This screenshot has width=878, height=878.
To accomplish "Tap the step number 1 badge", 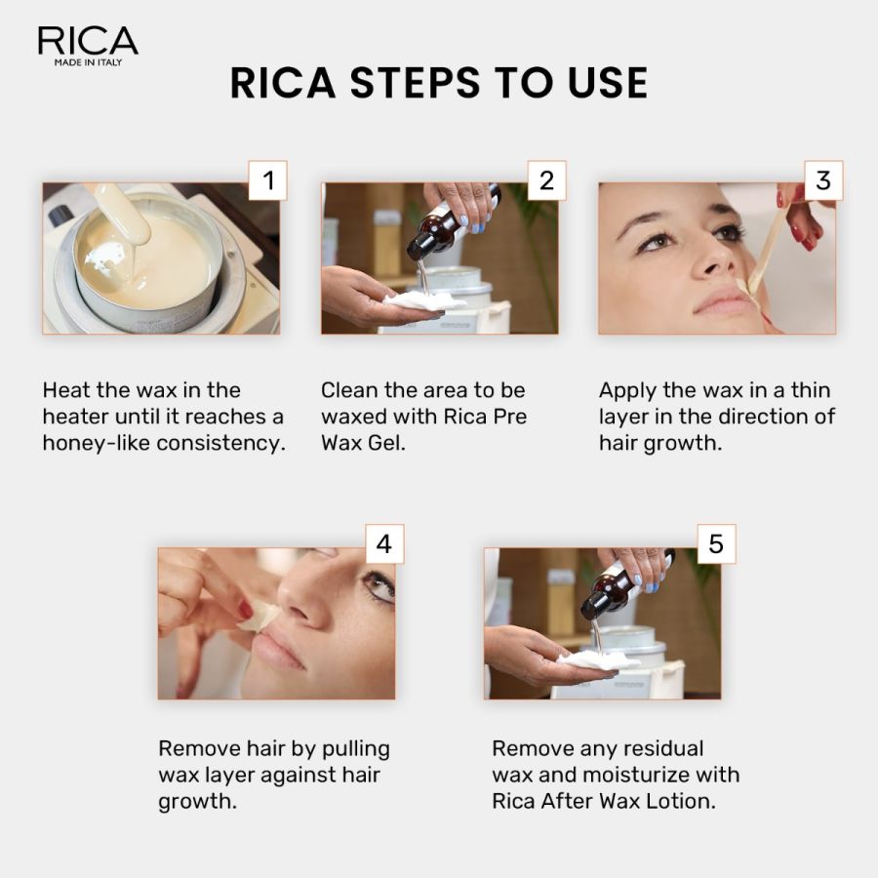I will tap(268, 180).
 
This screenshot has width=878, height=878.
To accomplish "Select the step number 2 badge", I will tap(546, 180).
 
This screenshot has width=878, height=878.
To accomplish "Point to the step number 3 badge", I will tap(823, 180).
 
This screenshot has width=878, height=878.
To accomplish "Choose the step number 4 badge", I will tap(384, 543).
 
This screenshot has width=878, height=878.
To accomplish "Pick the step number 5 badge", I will tap(716, 543).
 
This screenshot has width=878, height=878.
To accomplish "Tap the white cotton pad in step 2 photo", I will tap(422, 300).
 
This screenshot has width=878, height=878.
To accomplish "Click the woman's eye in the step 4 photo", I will tap(378, 585).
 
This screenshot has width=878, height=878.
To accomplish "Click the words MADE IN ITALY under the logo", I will tap(88, 63).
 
